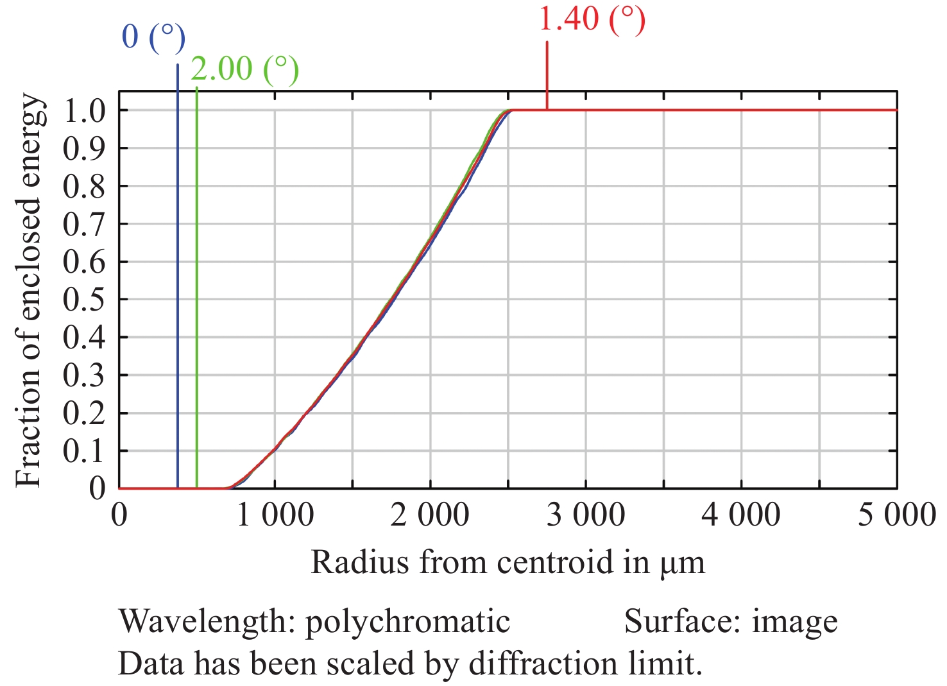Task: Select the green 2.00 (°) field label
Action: (244, 69)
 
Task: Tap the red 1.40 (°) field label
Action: (591, 19)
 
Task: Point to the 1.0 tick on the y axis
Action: (84, 110)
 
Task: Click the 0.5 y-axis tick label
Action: (84, 300)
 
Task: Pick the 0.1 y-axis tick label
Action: (84, 451)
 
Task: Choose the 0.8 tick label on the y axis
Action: (84, 186)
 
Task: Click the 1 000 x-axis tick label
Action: (275, 515)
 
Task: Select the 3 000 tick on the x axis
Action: (586, 515)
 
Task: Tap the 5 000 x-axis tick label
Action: (897, 515)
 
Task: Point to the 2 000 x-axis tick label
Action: (431, 515)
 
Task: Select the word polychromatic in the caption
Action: (407, 621)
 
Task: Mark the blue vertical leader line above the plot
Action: (178, 77)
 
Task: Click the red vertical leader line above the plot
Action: (547, 67)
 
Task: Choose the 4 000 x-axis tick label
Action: (741, 515)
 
